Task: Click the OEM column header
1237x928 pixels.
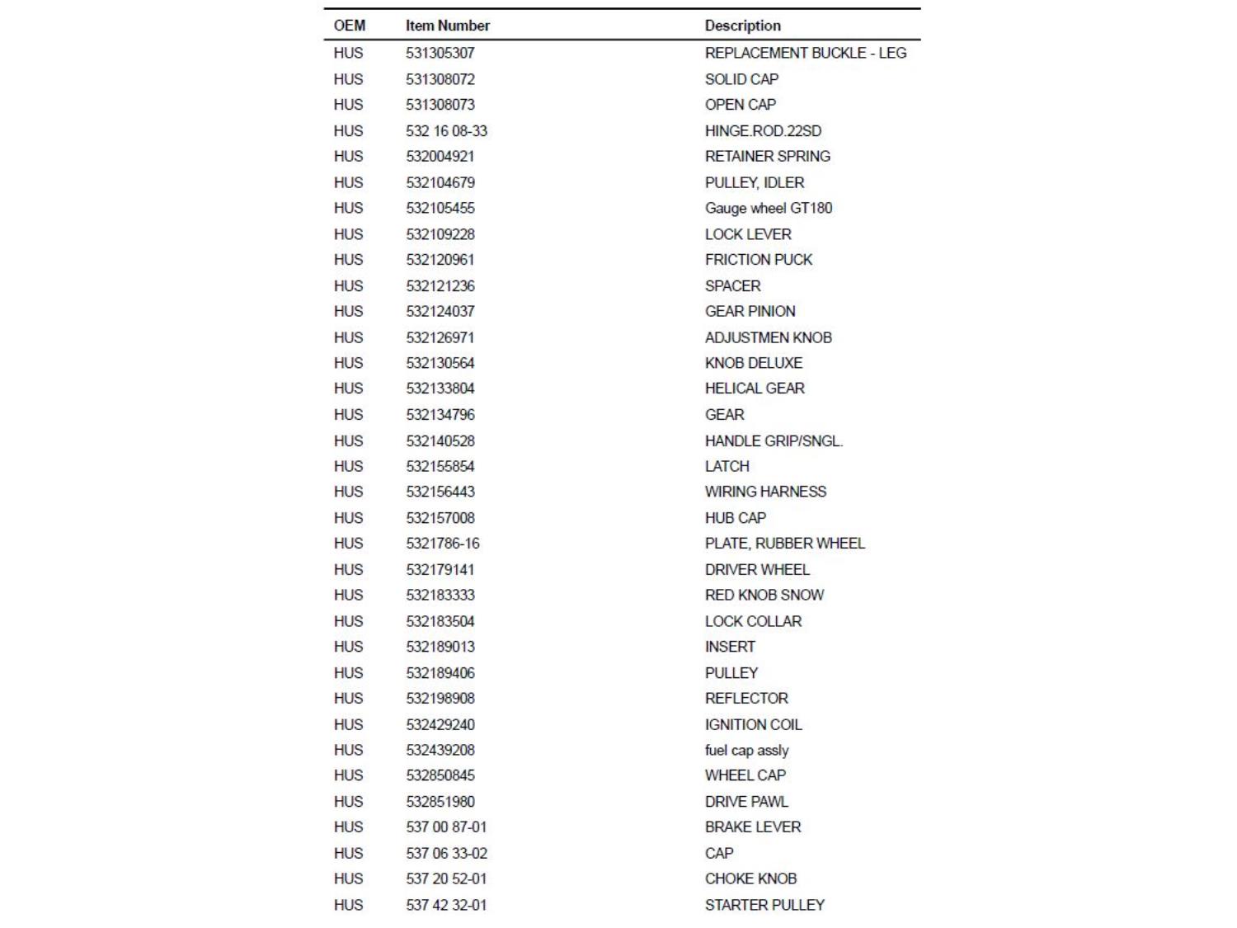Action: (349, 26)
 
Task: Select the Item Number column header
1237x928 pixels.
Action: (447, 26)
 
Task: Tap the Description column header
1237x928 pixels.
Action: (742, 26)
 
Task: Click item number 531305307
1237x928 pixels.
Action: (440, 53)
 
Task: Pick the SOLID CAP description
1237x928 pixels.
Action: (741, 79)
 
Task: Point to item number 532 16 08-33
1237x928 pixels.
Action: (446, 131)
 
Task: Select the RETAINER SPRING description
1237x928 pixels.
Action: (767, 157)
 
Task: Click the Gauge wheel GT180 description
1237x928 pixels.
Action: (768, 208)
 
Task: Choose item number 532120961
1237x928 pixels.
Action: (440, 260)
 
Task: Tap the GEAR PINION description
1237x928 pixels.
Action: (750, 311)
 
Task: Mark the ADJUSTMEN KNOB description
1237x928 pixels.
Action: (768, 337)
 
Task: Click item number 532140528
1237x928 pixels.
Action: (440, 441)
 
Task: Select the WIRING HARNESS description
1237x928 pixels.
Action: (765, 492)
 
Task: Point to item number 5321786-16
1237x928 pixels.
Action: (442, 544)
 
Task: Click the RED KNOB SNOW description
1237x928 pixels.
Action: (764, 595)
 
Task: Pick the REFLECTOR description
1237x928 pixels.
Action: (746, 699)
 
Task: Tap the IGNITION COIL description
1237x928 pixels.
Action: (753, 725)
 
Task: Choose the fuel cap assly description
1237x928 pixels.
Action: (746, 751)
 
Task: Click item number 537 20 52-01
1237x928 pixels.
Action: (446, 879)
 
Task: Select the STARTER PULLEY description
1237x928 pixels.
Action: (764, 905)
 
